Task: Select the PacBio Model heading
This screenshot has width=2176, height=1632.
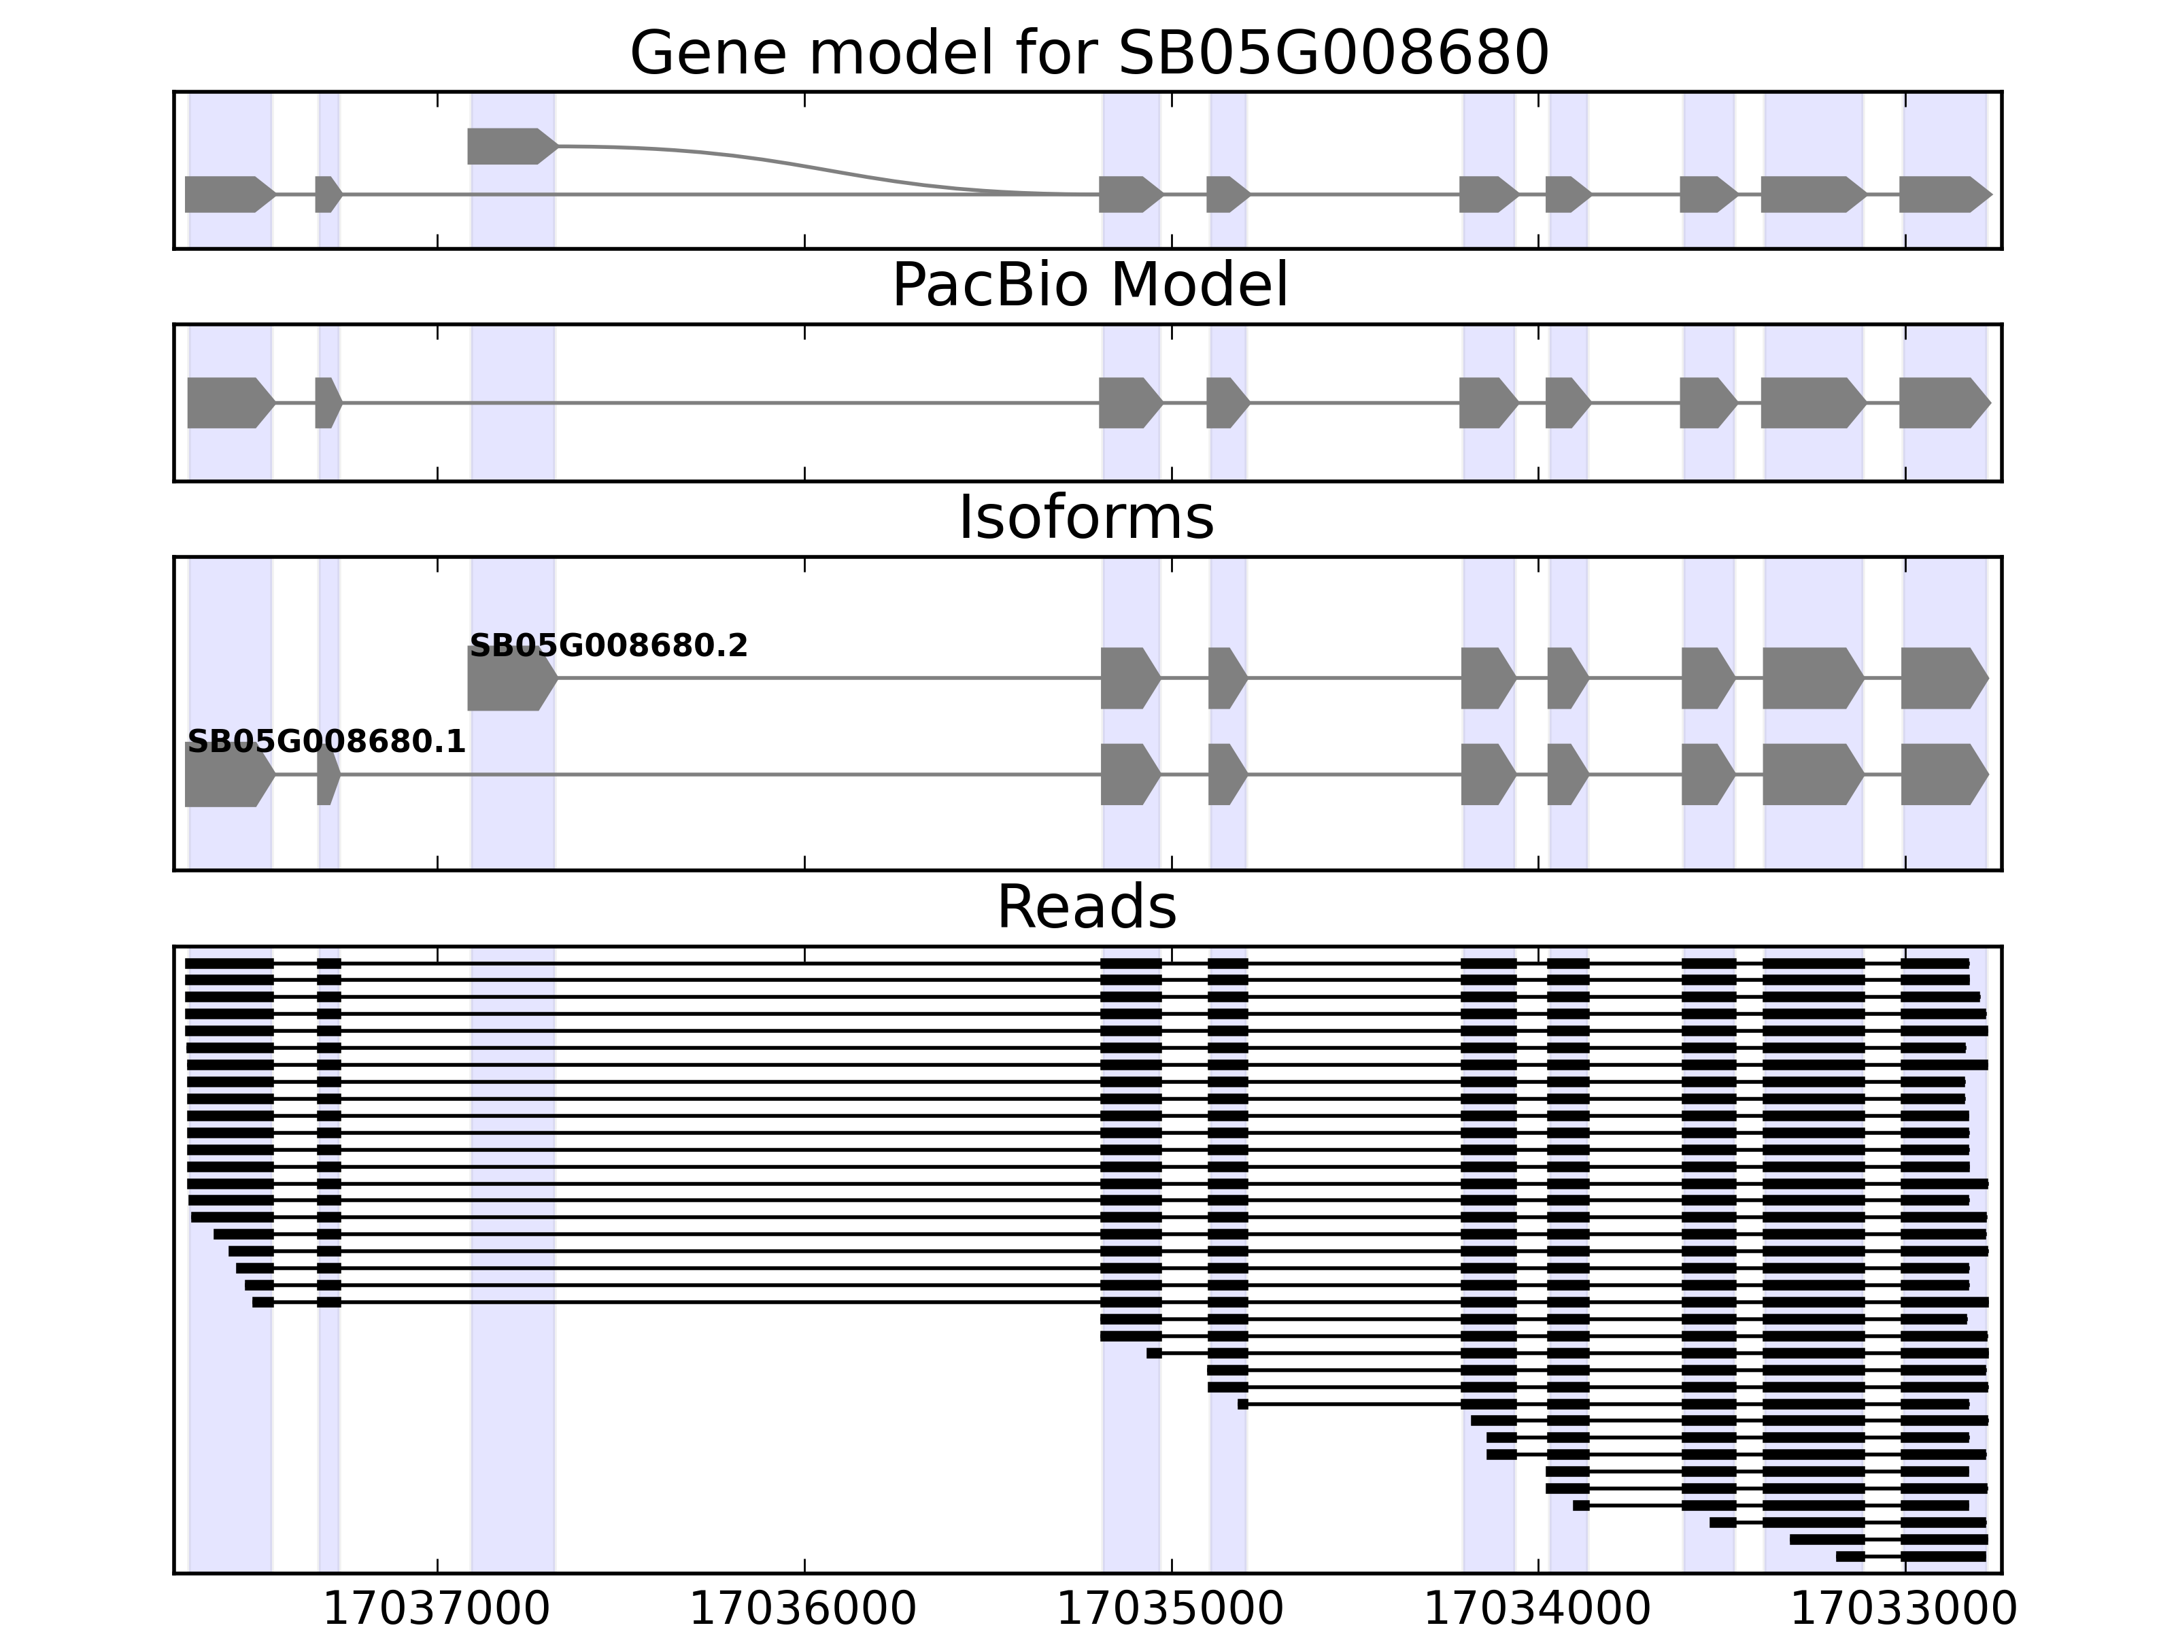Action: click(x=1089, y=286)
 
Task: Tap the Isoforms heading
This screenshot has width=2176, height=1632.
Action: click(x=1086, y=518)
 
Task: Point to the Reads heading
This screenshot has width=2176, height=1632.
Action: click(x=1086, y=907)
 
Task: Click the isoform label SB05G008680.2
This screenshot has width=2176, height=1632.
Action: click(x=608, y=646)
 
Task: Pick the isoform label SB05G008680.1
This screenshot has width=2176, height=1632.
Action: click(x=326, y=742)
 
